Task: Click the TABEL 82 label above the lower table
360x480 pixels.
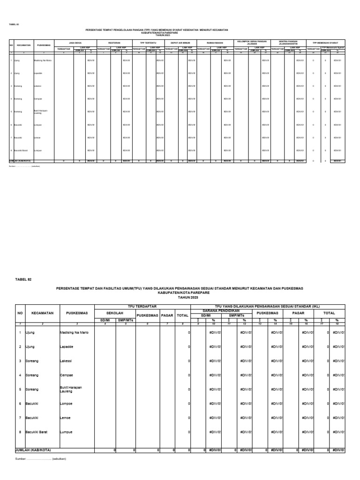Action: pos(22,279)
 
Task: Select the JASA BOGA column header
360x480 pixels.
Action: pos(75,42)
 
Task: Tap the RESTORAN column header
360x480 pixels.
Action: pos(114,42)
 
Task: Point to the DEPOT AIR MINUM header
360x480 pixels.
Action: pos(180,42)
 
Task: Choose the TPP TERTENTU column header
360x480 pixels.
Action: pos(148,42)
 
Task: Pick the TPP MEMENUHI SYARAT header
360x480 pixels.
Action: pos(325,42)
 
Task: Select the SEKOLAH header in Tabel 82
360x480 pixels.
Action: pos(115,313)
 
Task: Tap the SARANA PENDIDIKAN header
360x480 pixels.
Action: pos(221,310)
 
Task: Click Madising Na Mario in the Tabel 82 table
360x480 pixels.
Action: pos(75,332)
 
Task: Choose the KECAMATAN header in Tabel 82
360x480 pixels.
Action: pos(42,313)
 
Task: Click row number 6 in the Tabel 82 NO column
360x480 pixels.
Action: pos(20,404)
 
